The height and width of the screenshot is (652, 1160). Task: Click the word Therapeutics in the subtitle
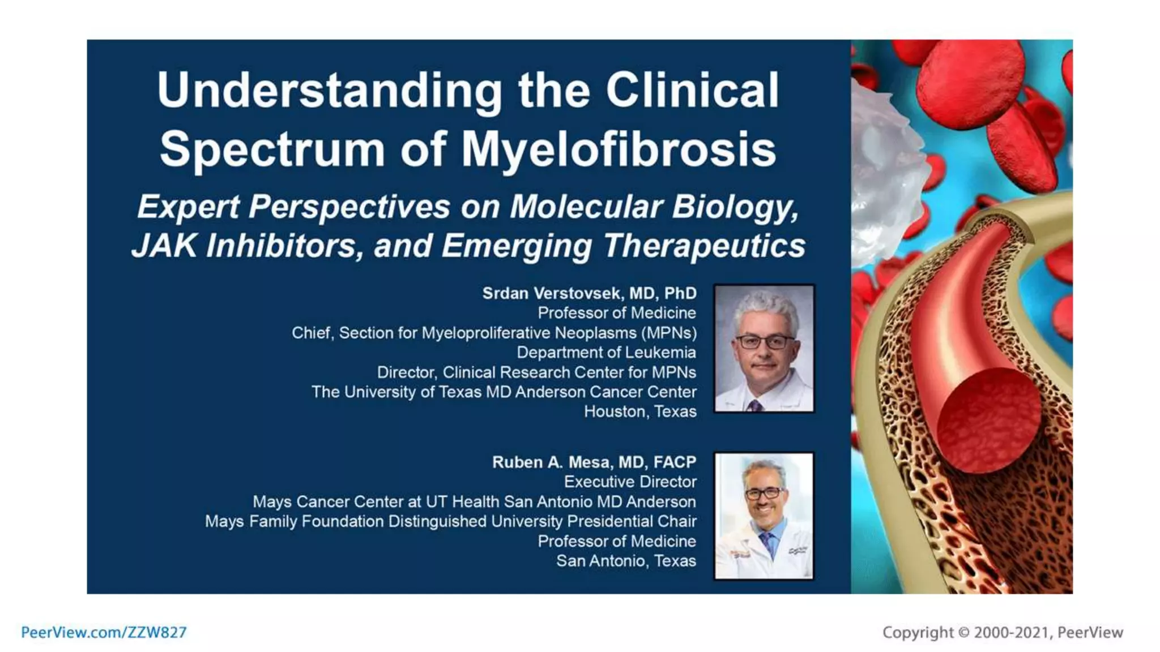[x=703, y=246]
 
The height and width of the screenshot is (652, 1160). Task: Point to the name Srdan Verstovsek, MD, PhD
[x=589, y=293]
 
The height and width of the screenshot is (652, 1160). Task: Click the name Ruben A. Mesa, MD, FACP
[x=594, y=462]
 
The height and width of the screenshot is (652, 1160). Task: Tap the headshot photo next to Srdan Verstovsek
[x=764, y=348]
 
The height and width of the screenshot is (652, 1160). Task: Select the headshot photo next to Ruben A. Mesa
[x=764, y=516]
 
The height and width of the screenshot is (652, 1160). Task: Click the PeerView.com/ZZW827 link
[x=104, y=632]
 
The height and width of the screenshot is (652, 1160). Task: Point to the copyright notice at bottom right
[x=1002, y=632]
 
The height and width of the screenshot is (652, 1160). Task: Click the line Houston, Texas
[x=640, y=411]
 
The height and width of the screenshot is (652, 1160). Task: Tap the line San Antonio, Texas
[x=626, y=561]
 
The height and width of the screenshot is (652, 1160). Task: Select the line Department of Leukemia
[x=606, y=353]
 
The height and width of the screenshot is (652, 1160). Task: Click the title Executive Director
[x=630, y=482]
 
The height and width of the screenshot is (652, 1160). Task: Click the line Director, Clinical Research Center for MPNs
[x=536, y=372]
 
